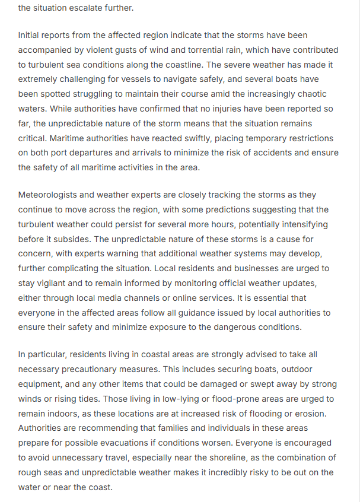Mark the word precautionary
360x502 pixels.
point(90,369)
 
